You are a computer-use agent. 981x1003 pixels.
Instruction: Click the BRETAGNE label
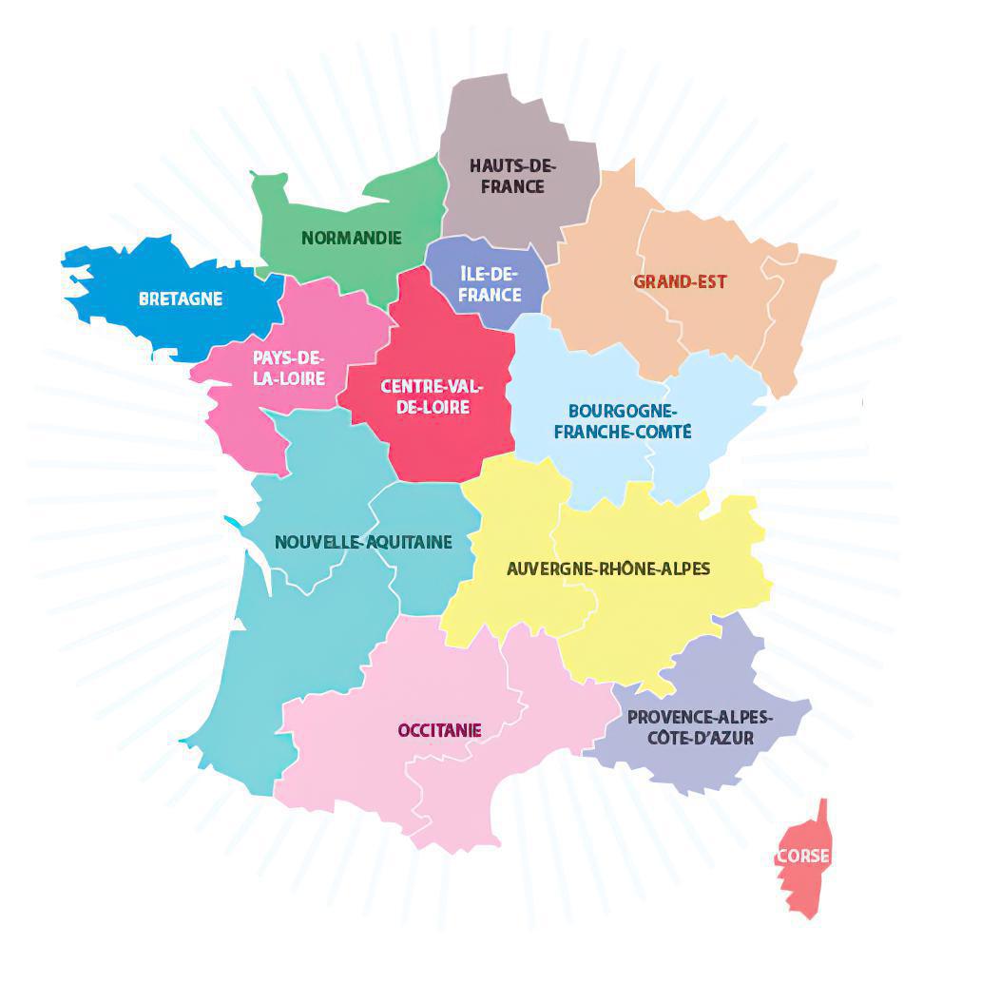[x=181, y=299]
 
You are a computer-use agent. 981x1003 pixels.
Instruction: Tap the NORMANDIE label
[x=352, y=238]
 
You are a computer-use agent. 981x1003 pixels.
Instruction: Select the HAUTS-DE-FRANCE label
[x=512, y=177]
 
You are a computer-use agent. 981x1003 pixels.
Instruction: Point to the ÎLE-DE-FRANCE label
[x=490, y=284]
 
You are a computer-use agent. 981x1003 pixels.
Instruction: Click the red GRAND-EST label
[x=680, y=281]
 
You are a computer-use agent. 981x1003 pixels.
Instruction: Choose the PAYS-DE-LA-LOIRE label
[x=289, y=368]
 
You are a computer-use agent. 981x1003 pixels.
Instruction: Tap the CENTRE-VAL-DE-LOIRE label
[x=432, y=396]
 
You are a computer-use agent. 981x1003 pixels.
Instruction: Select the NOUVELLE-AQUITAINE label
[x=363, y=542]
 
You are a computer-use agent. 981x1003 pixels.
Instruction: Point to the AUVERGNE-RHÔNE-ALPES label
[x=608, y=569]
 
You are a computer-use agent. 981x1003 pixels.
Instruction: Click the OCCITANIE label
[x=439, y=730]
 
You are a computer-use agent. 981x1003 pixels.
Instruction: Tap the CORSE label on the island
[x=803, y=856]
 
